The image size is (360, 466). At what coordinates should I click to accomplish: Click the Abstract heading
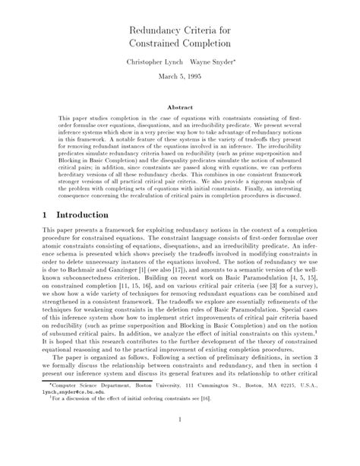180,109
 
